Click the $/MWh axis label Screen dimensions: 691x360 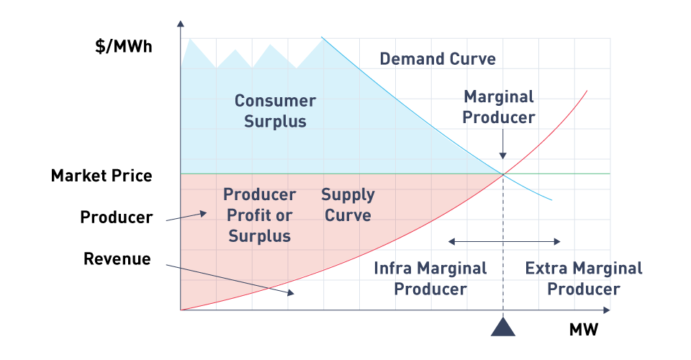[123, 46]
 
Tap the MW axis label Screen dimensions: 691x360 [584, 330]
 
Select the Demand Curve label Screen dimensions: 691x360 [438, 58]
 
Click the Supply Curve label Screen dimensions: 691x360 [348, 205]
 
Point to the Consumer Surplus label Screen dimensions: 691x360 [275, 111]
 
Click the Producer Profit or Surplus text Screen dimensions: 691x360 [260, 215]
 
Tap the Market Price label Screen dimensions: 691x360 [101, 176]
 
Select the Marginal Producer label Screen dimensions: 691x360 [498, 107]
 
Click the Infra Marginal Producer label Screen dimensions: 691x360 [430, 279]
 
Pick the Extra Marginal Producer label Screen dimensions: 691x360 [584, 279]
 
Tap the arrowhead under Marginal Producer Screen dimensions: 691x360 [503, 156]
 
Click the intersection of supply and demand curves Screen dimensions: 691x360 [503, 174]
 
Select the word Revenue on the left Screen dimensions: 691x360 [117, 258]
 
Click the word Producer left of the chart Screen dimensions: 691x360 [117, 217]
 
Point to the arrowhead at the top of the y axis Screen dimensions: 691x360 [180, 24]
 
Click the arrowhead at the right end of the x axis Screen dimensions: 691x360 [607, 310]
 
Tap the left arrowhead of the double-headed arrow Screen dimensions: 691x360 [451, 241]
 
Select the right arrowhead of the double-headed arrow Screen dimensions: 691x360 [557, 241]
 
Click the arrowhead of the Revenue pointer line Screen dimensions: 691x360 [291, 292]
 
